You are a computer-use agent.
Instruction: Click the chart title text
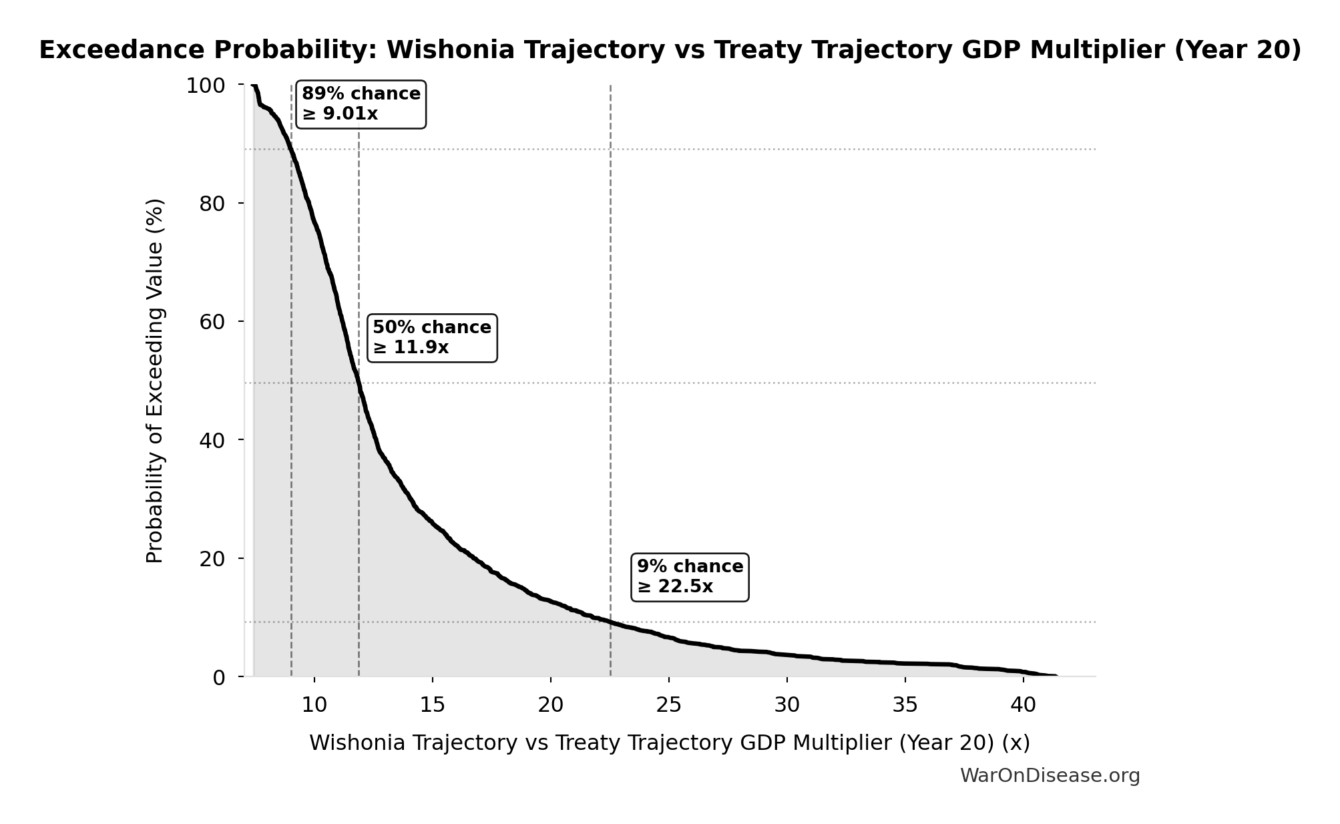coord(670,51)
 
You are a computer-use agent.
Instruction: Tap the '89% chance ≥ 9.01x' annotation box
coord(361,104)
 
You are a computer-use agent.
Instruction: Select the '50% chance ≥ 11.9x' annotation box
coord(432,338)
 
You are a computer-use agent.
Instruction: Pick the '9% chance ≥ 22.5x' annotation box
coord(690,577)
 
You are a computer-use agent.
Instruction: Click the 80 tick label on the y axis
coord(212,204)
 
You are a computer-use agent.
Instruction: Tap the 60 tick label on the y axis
coord(212,322)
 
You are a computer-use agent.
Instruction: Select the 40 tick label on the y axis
coord(212,440)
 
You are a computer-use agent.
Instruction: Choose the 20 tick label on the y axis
coord(212,559)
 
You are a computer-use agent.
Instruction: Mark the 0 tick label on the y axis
coord(219,678)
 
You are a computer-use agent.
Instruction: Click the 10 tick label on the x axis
coord(314,705)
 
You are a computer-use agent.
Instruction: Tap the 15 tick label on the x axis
coord(432,705)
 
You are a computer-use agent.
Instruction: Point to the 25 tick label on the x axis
coord(668,705)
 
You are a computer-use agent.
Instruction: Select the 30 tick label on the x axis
coord(787,705)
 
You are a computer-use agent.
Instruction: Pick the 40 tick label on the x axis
coord(1023,705)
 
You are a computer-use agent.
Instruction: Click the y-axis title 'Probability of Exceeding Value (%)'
coord(154,381)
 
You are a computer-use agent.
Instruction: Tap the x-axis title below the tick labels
coord(670,743)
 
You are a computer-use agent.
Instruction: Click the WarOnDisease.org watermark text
coord(1050,776)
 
